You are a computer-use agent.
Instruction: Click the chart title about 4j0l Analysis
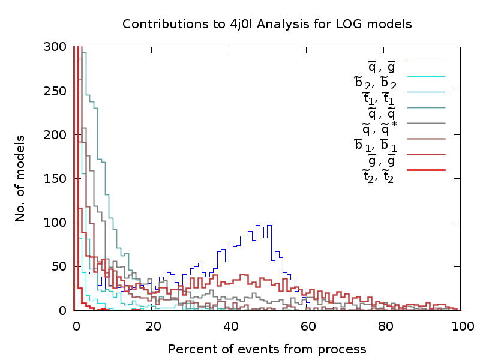click(267, 25)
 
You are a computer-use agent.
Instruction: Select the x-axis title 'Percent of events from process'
click(267, 349)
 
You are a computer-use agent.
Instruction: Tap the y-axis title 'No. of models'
click(20, 178)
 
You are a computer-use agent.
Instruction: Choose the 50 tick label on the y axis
click(58, 266)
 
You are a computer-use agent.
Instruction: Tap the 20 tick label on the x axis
click(154, 327)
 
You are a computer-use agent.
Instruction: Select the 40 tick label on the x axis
click(231, 327)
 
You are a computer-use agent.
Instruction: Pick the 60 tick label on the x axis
click(308, 327)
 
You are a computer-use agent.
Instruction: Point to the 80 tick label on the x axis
click(386, 327)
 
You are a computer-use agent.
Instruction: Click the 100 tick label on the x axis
click(461, 327)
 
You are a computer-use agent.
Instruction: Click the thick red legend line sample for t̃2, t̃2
click(426, 170)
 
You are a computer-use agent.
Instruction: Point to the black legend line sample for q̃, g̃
click(426, 61)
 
